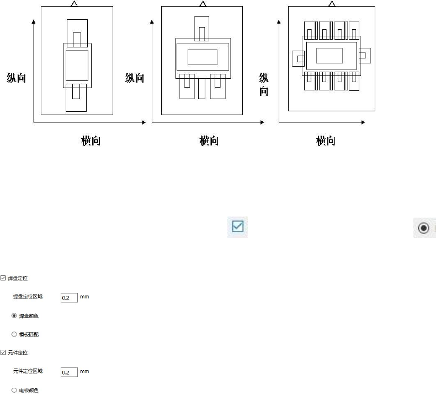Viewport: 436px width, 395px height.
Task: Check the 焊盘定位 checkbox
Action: point(3,278)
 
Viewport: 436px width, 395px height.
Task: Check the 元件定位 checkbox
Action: point(3,353)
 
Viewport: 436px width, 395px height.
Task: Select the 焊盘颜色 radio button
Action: point(14,316)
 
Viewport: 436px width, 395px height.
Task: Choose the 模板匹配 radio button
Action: point(14,334)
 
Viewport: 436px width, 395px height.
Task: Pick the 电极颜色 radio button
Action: point(14,390)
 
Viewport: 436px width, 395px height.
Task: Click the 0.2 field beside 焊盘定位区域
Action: point(69,297)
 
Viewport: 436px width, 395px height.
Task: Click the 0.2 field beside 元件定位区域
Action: point(69,372)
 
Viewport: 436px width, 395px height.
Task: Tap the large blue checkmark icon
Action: point(238,227)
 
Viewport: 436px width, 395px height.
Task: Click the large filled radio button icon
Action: point(423,228)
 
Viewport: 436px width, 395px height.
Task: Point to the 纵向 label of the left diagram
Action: point(16,78)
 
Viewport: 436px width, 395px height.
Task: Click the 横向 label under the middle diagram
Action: point(209,141)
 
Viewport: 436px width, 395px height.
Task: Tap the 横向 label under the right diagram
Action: point(326,141)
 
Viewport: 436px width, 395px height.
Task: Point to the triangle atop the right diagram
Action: point(331,4)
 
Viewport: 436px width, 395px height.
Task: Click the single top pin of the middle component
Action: point(201,28)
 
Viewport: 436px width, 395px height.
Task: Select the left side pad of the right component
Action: point(298,58)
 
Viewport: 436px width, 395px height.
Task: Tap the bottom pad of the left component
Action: point(76,98)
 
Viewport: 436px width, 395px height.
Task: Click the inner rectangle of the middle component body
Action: point(203,57)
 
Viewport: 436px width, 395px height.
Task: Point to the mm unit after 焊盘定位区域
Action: point(84,297)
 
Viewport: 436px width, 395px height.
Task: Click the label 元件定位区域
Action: point(28,372)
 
